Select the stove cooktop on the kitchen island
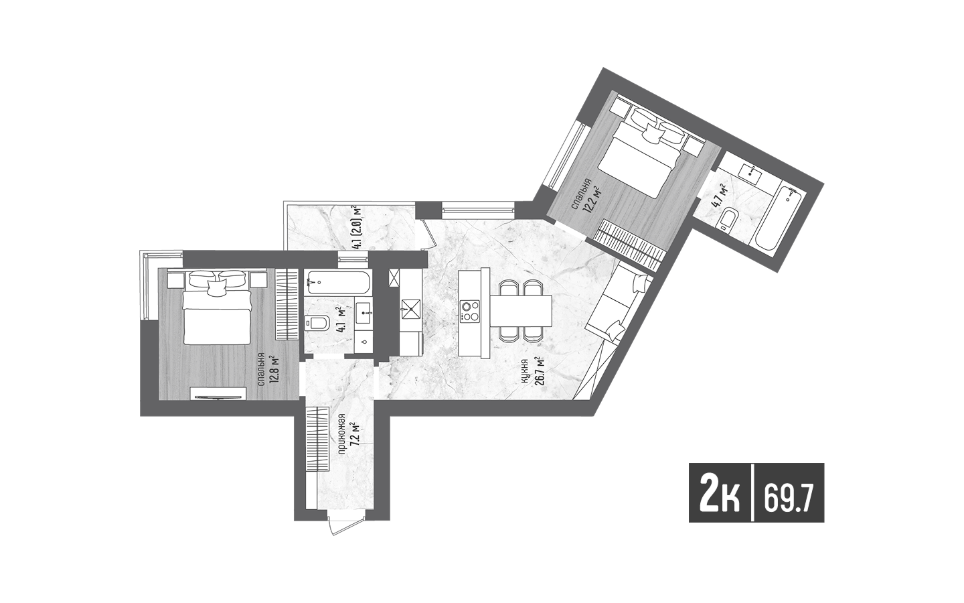click(x=469, y=312)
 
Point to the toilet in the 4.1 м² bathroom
click(x=317, y=322)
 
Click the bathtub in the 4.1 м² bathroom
click(x=337, y=283)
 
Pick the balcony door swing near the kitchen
click(x=424, y=233)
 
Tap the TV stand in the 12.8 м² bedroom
click(x=219, y=394)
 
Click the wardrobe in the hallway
click(x=317, y=440)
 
